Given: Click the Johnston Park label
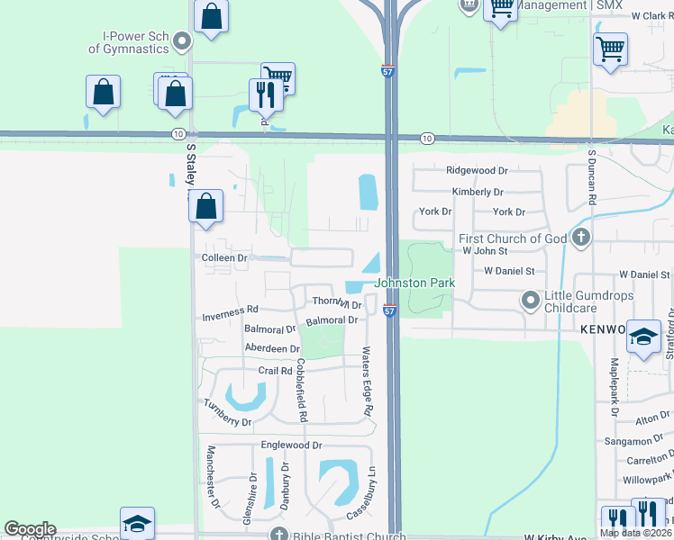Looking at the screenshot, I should tap(414, 283).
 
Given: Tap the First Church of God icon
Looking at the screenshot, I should tap(581, 238).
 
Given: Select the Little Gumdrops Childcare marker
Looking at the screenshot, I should tap(530, 298).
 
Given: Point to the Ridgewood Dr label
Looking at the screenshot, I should tap(477, 170).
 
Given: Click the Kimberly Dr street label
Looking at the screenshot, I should tap(478, 192).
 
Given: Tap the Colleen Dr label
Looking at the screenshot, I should tap(224, 258).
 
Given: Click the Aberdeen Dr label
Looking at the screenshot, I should tap(271, 348).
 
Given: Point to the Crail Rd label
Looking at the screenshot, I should tap(275, 371).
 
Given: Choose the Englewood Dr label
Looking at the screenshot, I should tap(291, 445).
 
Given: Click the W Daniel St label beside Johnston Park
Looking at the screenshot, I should tap(509, 270).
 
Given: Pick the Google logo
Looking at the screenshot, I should tap(30, 529).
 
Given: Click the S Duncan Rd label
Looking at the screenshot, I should tap(592, 178).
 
